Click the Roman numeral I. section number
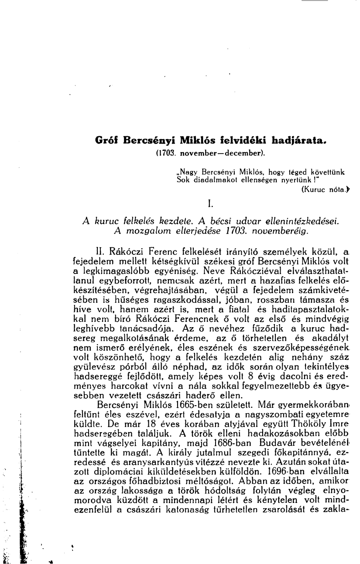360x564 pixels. click(209, 203)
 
